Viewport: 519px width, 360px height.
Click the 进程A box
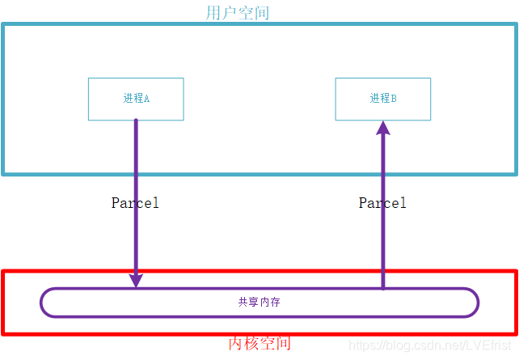coord(136,99)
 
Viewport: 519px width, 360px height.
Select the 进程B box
coord(383,99)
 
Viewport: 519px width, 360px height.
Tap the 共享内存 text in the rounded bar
coord(259,303)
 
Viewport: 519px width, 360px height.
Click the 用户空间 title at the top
coord(238,13)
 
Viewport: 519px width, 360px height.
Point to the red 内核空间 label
coord(259,344)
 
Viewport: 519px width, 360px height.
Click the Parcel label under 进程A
coord(135,203)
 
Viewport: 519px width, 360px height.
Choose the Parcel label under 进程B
coord(382,203)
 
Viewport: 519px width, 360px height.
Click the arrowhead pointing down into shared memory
coord(136,279)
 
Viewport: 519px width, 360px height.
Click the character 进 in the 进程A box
coord(128,99)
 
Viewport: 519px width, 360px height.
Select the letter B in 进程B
coord(394,99)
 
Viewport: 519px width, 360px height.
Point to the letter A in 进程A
coord(147,99)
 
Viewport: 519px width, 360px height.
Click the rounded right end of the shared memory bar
coord(471,303)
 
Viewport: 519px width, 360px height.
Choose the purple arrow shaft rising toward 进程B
coord(383,243)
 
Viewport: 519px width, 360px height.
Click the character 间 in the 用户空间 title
coord(261,13)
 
